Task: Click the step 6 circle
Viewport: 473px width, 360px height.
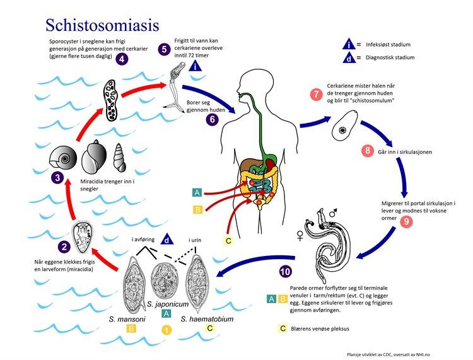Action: pyautogui.click(x=212, y=118)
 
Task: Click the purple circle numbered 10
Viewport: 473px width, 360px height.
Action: pyautogui.click(x=285, y=272)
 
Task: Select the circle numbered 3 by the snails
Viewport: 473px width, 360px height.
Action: pyautogui.click(x=57, y=178)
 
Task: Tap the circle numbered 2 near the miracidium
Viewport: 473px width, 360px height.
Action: pyautogui.click(x=63, y=248)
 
